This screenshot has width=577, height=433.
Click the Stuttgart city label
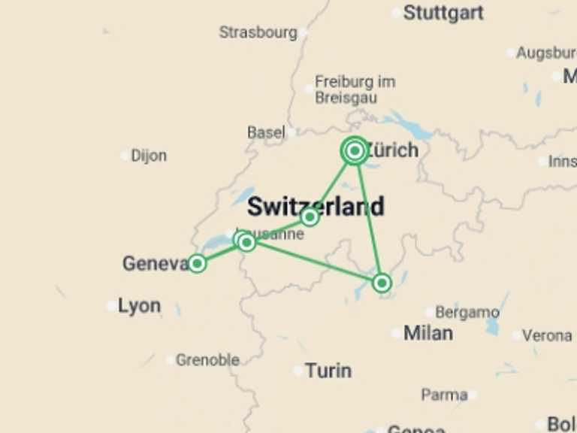443,13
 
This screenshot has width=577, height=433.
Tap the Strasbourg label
258,32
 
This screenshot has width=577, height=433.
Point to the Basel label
266,132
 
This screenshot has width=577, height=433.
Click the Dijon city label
149,156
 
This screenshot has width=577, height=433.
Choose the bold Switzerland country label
316,206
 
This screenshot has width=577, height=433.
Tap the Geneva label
155,264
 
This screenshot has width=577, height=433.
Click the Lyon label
139,306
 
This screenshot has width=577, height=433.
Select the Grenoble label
207,360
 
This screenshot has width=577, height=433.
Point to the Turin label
328,371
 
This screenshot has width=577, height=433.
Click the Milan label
428,333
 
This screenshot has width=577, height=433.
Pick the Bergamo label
467,312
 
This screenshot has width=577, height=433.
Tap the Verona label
546,335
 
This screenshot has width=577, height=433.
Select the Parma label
444,395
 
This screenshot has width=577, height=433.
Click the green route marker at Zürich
355,151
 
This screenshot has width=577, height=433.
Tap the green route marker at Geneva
197,263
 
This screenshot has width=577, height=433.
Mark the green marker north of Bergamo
382,283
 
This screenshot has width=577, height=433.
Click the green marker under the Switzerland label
310,217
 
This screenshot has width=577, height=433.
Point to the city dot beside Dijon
125,156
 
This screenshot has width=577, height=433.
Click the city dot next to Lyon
111,306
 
